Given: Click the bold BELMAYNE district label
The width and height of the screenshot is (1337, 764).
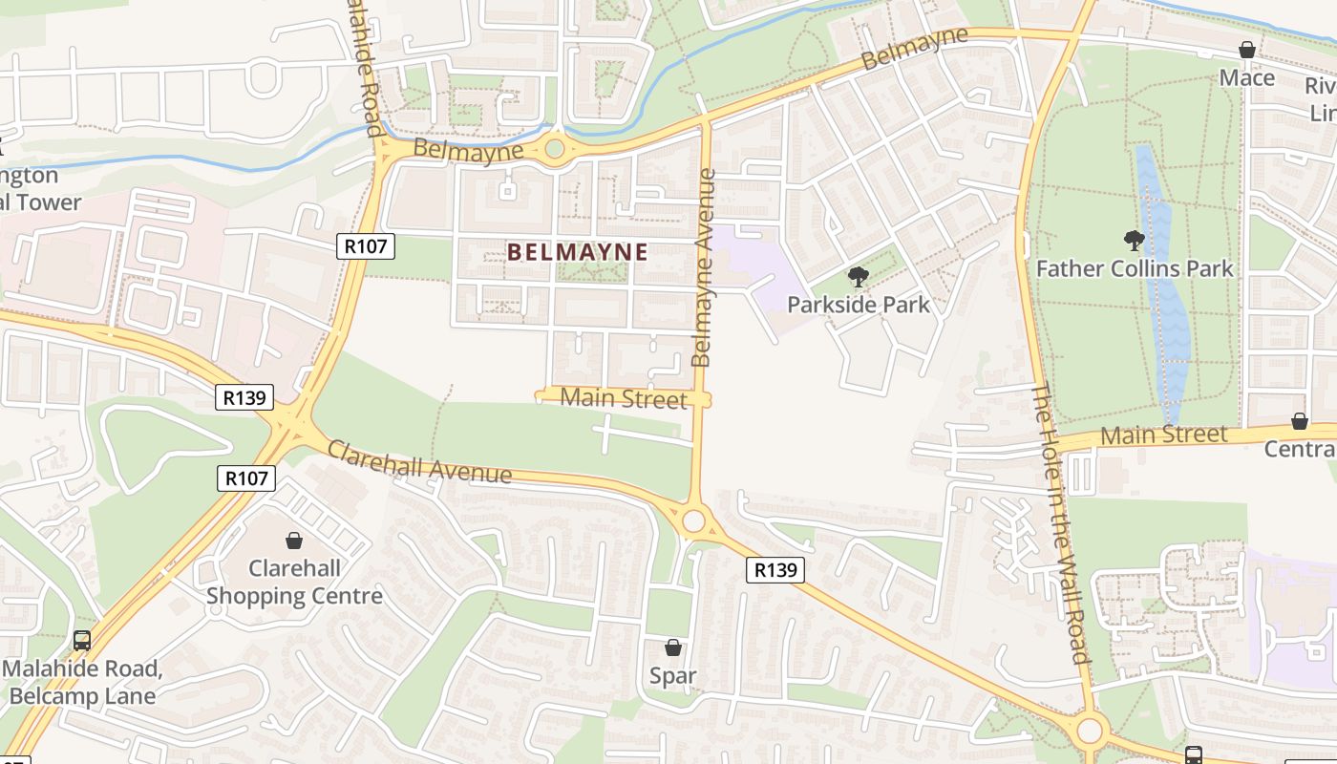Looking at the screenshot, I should [577, 252].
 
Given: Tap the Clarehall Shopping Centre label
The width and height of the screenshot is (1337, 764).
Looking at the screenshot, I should [294, 583].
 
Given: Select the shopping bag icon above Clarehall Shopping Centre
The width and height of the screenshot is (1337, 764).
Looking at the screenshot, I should [294, 541].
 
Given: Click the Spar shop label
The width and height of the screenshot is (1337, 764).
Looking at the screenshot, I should [673, 676].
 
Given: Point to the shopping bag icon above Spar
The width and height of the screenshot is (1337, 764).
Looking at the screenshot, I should [673, 647].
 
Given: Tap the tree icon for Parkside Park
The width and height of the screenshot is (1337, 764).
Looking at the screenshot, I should [858, 277].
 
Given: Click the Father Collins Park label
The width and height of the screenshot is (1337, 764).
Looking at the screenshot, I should [1135, 268].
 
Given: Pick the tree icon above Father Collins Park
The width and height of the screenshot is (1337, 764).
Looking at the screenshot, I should [1135, 240].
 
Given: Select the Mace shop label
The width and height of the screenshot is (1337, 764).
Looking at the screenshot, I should [1247, 78].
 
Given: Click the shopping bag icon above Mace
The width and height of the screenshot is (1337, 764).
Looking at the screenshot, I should [1247, 50].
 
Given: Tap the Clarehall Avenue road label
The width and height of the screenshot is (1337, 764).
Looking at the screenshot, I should [419, 461].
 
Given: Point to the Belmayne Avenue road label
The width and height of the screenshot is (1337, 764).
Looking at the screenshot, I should [704, 267].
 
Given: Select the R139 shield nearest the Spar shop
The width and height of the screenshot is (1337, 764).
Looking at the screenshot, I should [775, 570].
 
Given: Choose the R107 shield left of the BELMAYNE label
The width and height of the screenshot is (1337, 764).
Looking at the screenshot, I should [366, 246].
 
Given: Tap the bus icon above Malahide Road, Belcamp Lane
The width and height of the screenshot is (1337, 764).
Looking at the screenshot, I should [82, 640].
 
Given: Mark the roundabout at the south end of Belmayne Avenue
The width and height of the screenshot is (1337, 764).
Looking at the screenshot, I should [694, 521].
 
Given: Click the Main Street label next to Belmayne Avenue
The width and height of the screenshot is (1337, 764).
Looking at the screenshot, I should [623, 398].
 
